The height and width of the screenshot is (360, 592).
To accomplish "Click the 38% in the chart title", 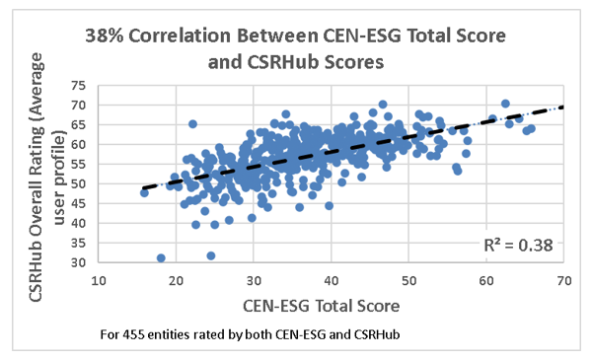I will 108,36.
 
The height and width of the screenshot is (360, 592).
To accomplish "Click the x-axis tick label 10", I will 99,281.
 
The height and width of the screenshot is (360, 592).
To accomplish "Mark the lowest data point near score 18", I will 161,258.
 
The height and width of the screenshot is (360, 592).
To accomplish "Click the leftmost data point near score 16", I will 145,192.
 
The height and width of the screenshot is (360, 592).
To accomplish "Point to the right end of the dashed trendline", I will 562,107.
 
